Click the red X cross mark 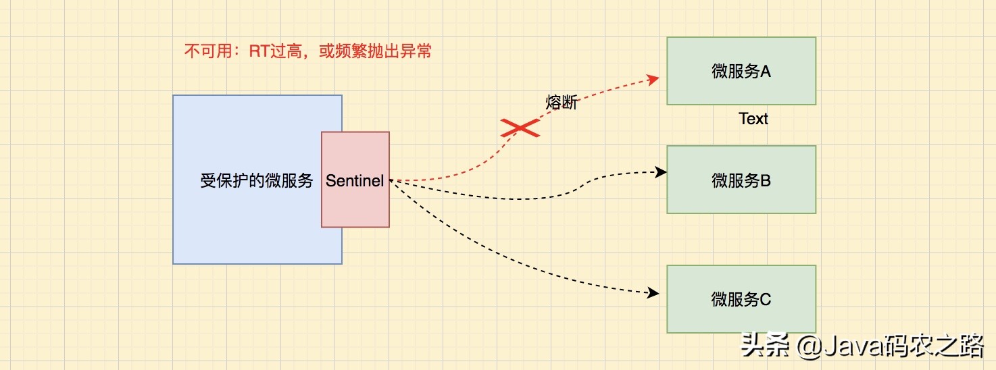520,128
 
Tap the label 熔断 562,103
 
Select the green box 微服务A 741,71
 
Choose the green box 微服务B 741,180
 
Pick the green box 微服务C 741,299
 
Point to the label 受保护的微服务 257,181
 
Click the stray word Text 753,119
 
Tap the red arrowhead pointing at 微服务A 653,79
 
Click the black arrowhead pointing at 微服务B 662,172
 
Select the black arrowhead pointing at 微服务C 653,293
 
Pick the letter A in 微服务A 766,71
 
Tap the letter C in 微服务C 766,299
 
